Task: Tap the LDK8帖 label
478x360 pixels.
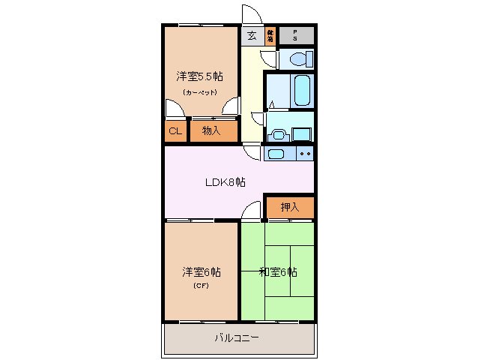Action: coord(226,182)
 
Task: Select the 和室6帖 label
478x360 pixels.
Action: coord(277,271)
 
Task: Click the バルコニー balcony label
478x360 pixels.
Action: coord(237,338)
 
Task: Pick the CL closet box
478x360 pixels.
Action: coord(175,131)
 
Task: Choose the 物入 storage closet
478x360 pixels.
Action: coord(211,131)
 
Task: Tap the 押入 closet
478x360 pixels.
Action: coord(289,207)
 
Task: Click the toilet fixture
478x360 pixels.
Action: coord(299,58)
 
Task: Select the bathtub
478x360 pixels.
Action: coord(302,90)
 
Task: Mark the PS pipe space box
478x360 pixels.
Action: coord(296,34)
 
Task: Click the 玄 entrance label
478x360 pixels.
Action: coord(252,34)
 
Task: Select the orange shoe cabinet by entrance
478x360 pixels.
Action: coord(270,34)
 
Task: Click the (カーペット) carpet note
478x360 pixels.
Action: coord(199,92)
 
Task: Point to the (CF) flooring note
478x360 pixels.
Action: coord(200,286)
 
